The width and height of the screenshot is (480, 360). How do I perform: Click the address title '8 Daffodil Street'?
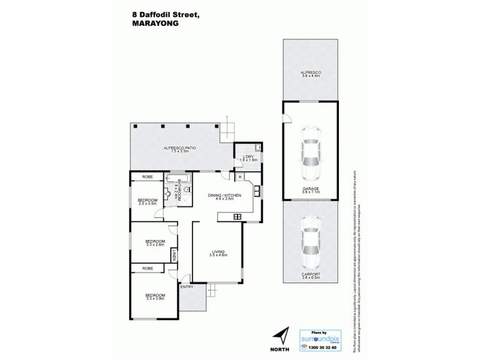click(169, 10)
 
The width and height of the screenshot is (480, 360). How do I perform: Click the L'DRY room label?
click(248, 157)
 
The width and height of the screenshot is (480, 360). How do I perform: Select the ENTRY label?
click(187, 286)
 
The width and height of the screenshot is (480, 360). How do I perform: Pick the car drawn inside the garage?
click(310, 155)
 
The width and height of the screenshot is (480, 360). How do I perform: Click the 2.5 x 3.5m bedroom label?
click(148, 202)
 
